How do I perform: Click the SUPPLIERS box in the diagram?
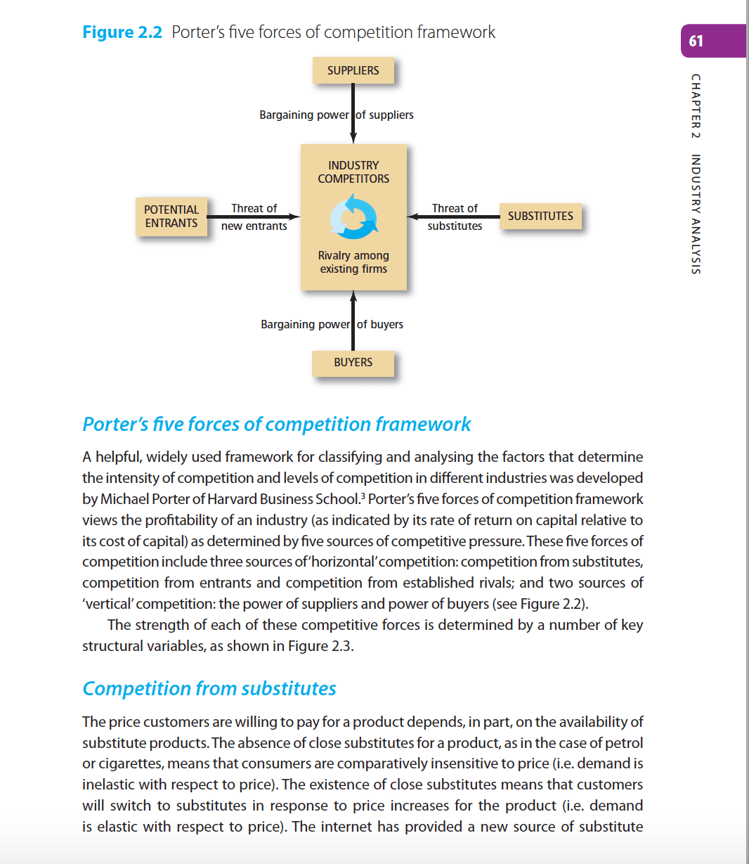(353, 70)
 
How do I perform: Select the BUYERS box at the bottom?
(353, 363)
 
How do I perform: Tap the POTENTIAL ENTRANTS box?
(171, 217)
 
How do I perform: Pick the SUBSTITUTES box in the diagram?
(540, 217)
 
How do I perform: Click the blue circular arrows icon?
(353, 217)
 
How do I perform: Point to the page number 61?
(696, 41)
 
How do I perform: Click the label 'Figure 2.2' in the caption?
(122, 32)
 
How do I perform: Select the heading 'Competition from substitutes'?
(209, 689)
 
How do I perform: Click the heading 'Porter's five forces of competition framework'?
(277, 425)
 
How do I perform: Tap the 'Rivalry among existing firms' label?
(353, 262)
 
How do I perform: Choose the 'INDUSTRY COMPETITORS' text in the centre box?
(353, 172)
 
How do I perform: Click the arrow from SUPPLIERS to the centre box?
(353, 112)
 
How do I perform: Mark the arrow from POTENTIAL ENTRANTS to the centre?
(254, 217)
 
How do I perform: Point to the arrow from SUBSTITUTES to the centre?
(454, 217)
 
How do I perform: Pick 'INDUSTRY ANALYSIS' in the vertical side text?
(696, 214)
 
